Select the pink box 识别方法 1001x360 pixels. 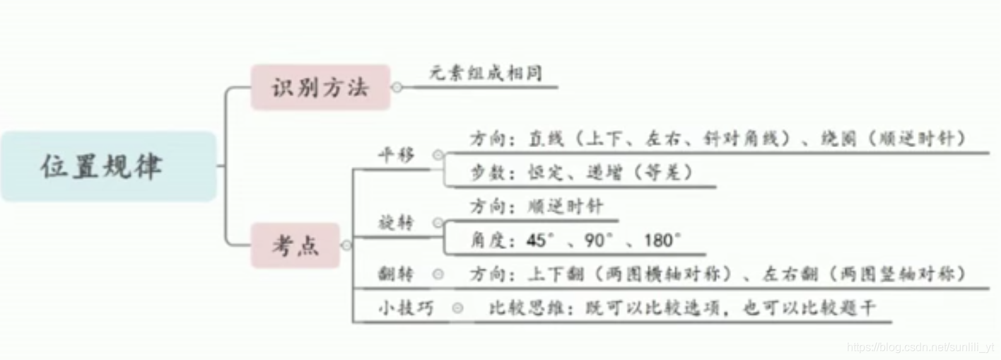click(x=320, y=88)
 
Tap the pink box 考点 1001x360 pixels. click(x=295, y=245)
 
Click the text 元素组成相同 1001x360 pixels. click(x=486, y=73)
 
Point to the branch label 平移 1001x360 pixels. click(x=398, y=156)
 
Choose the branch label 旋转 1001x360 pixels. click(x=397, y=223)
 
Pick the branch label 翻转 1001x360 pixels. click(x=397, y=274)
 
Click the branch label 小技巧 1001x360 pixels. click(x=405, y=308)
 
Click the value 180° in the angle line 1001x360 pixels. click(x=661, y=240)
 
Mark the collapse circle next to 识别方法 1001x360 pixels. click(x=397, y=88)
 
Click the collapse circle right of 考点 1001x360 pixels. click(x=346, y=245)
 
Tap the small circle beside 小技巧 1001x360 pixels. click(x=457, y=308)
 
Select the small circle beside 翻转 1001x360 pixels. click(x=438, y=274)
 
